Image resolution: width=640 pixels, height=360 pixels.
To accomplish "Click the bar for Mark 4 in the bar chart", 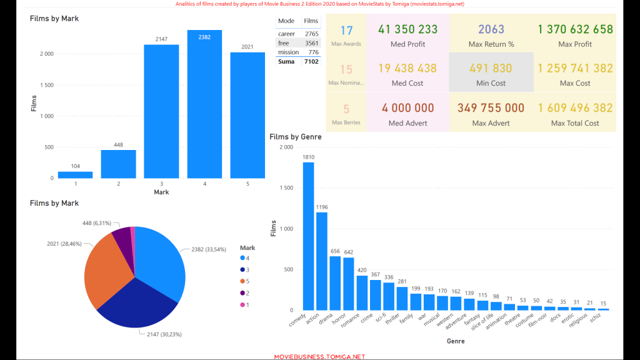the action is pyautogui.click(x=204, y=104).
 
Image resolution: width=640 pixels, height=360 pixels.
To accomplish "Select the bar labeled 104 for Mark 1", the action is pyautogui.click(x=75, y=175).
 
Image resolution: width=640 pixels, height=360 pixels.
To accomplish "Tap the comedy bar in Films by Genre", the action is pyautogui.click(x=308, y=236).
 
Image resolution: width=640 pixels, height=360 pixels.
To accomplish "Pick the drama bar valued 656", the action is pyautogui.click(x=335, y=283).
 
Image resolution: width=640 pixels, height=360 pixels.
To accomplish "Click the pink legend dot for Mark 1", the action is pyautogui.click(x=242, y=304).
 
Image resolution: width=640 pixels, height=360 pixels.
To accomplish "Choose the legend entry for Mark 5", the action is pyautogui.click(x=245, y=281).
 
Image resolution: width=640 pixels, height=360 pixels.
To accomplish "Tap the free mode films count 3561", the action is pyautogui.click(x=311, y=43).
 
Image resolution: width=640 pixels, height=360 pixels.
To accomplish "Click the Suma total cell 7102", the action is pyautogui.click(x=311, y=62).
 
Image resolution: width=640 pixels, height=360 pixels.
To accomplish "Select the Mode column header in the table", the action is pyautogui.click(x=286, y=21).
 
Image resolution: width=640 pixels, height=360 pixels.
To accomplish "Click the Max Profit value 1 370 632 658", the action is pyautogui.click(x=575, y=29).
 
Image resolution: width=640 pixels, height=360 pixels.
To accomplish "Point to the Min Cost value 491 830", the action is pyautogui.click(x=491, y=68).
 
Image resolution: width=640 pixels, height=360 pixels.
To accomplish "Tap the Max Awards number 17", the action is pyautogui.click(x=346, y=31).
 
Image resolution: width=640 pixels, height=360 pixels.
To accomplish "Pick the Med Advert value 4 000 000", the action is pyautogui.click(x=407, y=108).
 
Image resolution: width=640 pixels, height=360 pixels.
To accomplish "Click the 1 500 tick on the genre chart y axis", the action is pyautogui.click(x=286, y=187).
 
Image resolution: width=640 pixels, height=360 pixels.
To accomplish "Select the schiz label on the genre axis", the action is pyautogui.click(x=596, y=317).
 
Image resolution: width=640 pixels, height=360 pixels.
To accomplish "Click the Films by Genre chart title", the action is pyautogui.click(x=296, y=137).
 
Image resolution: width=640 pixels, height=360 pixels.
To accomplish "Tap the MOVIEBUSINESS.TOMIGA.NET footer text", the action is pyautogui.click(x=319, y=357).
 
